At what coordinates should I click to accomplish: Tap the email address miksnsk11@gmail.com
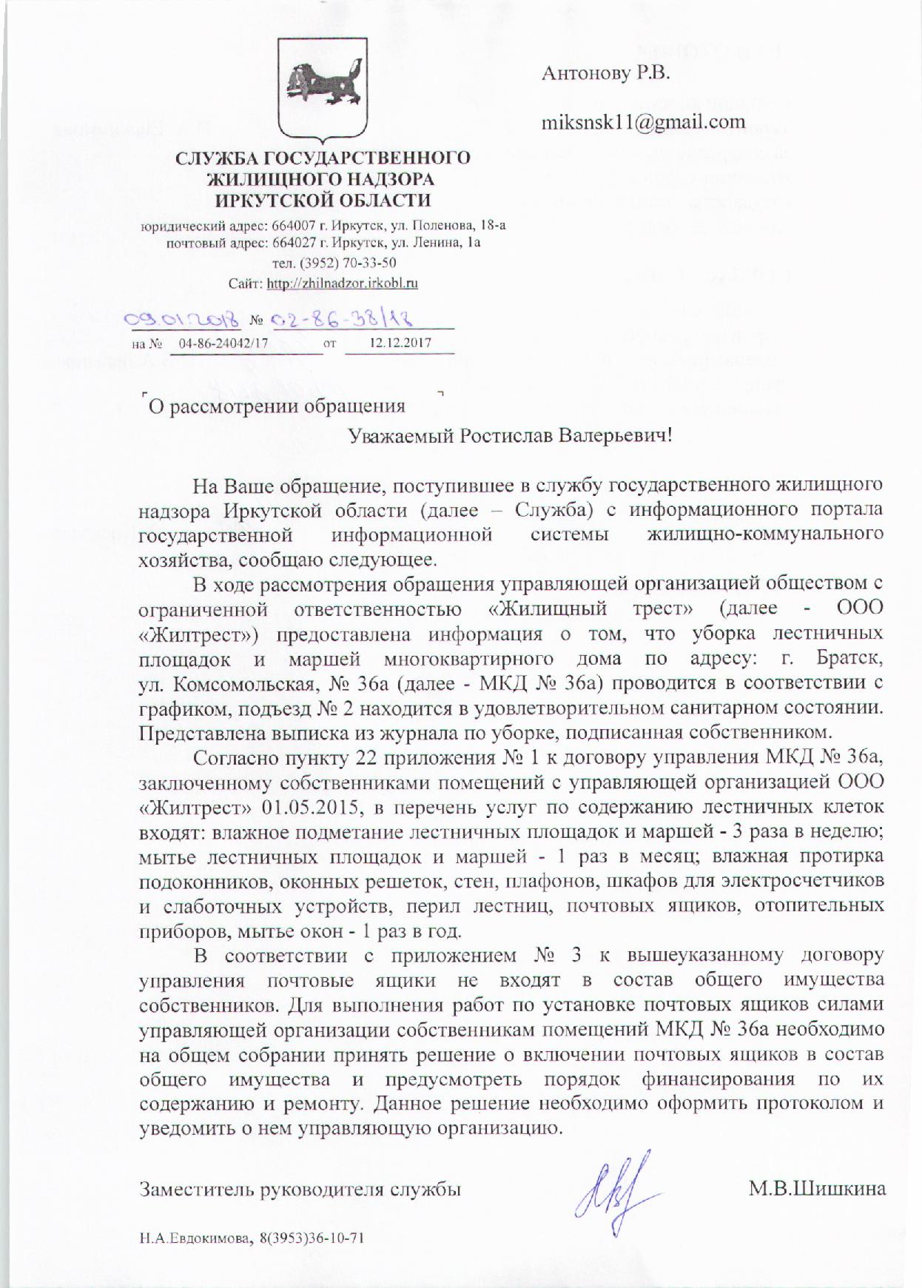click(643, 121)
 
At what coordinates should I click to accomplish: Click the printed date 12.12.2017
click(399, 343)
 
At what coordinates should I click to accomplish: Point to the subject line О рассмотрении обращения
click(277, 406)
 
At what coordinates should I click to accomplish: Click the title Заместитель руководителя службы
click(300, 1190)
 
